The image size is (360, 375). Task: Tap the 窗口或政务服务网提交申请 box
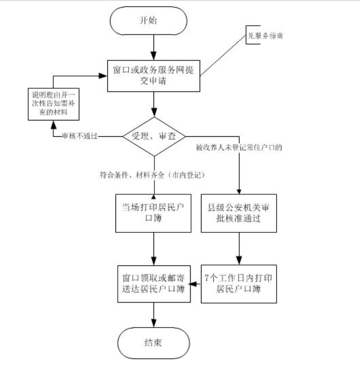coord(154,76)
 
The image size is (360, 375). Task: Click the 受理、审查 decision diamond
coord(154,136)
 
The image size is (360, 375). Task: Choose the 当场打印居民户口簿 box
coord(154,213)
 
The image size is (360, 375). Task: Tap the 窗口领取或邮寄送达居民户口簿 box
coord(154,283)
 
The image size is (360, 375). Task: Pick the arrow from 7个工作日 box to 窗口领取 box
coord(195,284)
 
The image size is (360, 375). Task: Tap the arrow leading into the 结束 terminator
coord(154,314)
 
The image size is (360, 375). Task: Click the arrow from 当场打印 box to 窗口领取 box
coord(154,247)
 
